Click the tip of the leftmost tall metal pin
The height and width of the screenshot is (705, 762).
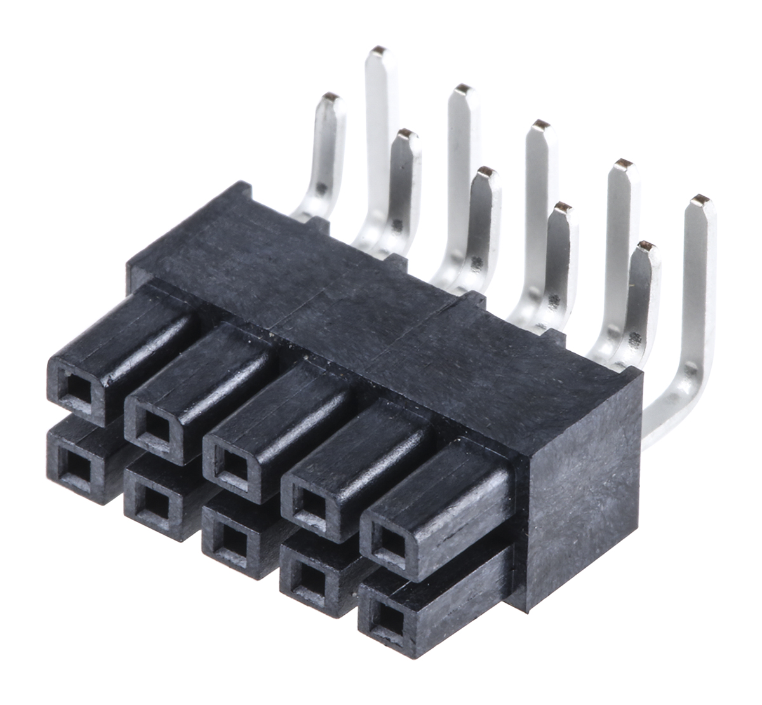[x=379, y=51]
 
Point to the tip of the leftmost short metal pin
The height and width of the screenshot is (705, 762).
[x=330, y=98]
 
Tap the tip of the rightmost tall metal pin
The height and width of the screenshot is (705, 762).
[x=701, y=201]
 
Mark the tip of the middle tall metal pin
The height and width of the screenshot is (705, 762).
[x=540, y=124]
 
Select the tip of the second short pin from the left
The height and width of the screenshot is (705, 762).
[x=406, y=135]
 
